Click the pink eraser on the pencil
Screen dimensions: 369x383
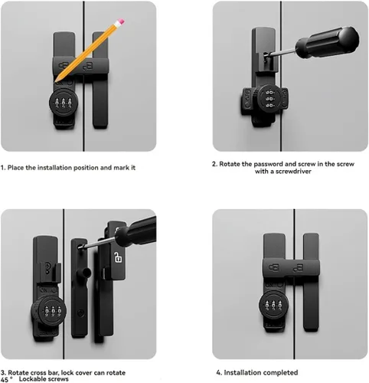121,22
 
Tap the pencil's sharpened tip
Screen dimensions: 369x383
56,80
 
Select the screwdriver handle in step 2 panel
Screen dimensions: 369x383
328,42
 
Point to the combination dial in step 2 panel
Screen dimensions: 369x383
270,99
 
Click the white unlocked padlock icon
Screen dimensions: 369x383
118,257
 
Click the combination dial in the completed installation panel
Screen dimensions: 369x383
273,306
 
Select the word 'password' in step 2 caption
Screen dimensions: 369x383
269,164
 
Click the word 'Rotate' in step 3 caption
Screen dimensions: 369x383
18,372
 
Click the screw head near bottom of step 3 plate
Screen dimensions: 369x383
80,313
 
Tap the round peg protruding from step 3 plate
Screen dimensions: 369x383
87,273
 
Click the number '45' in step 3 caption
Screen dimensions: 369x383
5,380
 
